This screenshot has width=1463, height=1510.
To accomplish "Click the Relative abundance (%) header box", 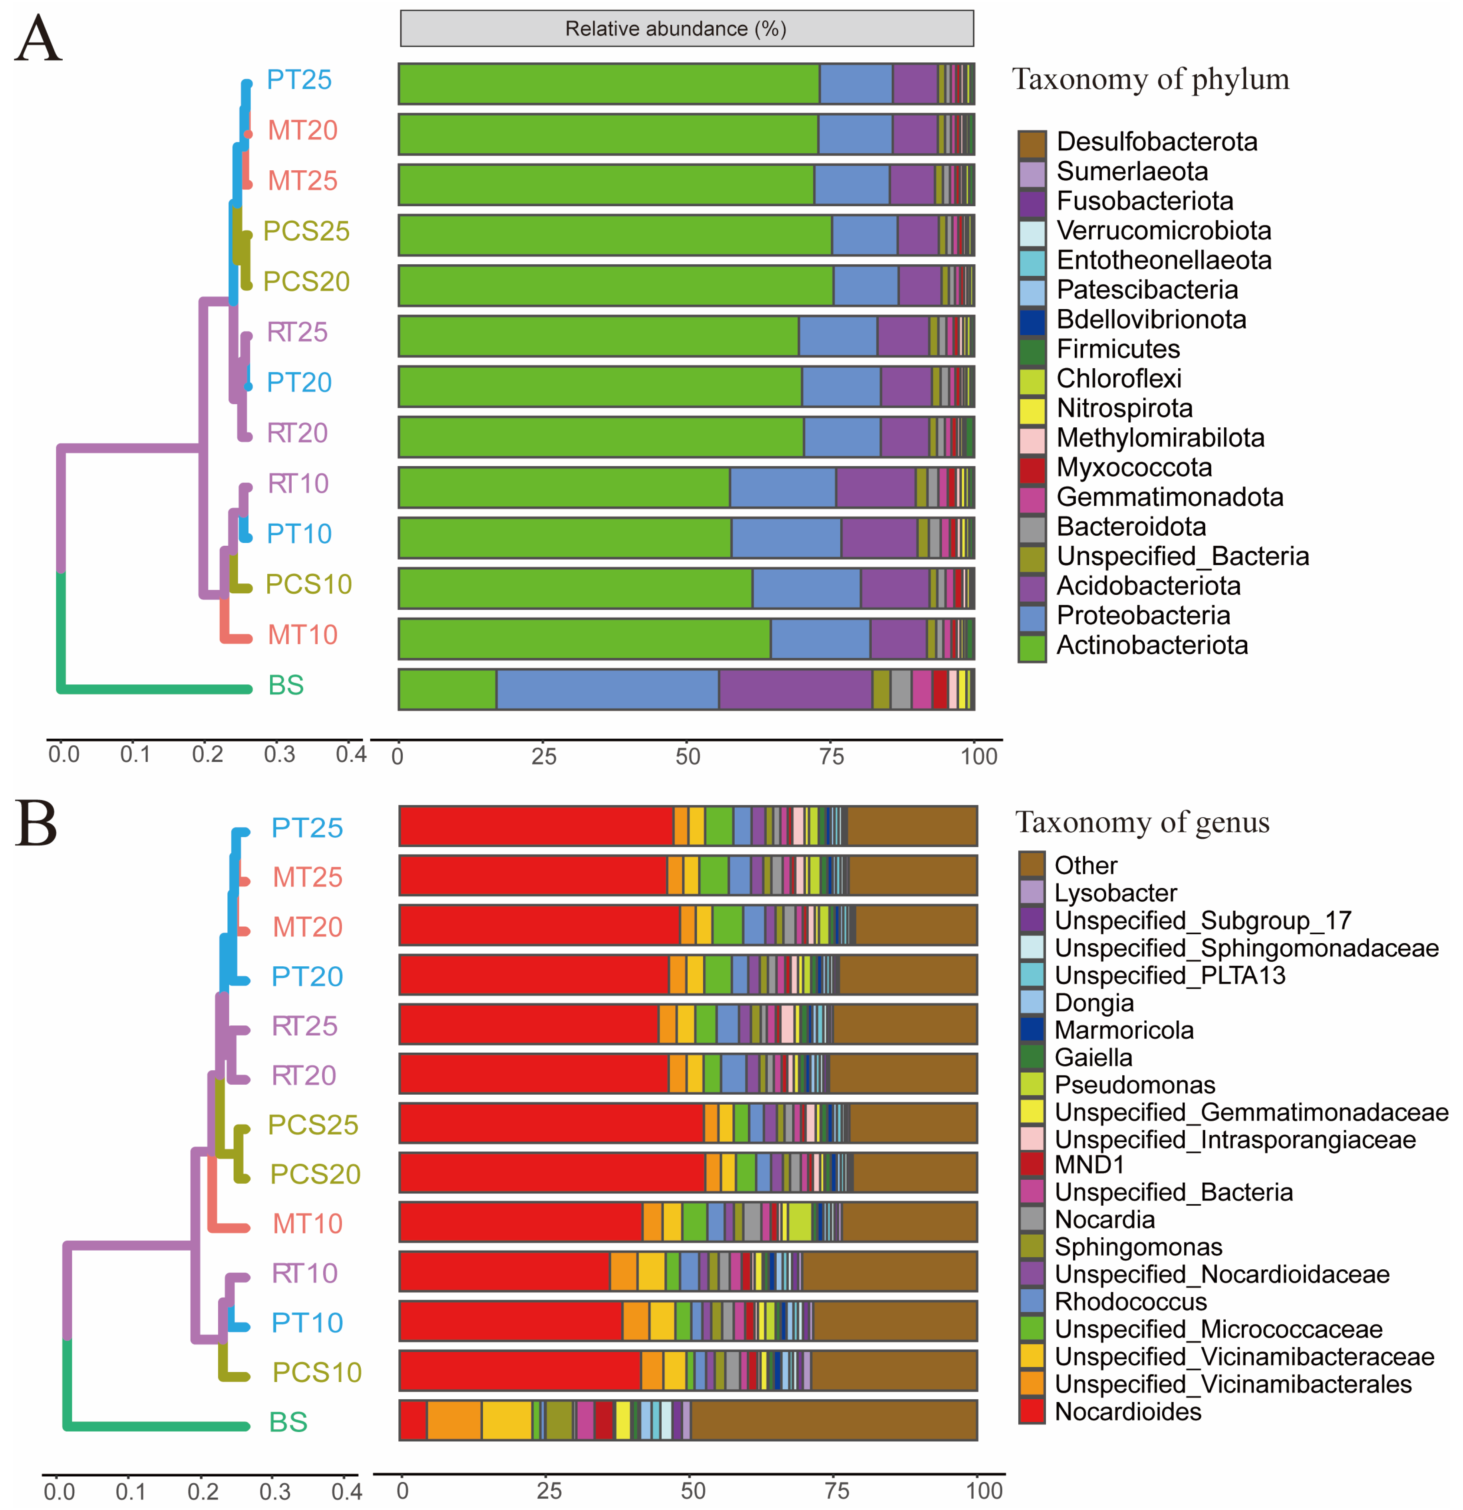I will point(686,28).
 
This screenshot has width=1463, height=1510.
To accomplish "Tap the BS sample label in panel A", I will point(286,685).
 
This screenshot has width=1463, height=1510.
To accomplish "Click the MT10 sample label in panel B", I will point(307,1223).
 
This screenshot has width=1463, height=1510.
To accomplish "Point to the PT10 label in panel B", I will point(306,1323).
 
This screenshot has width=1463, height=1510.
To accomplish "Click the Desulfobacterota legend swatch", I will point(1032,143).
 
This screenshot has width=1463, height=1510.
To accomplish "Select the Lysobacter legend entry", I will point(1115,893).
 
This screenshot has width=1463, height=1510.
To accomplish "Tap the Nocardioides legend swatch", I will point(1032,1411).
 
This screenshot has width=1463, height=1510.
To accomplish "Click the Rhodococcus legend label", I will point(1130,1301).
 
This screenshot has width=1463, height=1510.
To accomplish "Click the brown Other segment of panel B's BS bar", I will point(834,1420).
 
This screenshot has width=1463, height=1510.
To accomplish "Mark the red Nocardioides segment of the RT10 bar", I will point(504,1271).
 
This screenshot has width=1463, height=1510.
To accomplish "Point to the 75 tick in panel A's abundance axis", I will point(832,756).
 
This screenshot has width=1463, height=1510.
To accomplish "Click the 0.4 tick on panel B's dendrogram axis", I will point(346,1492).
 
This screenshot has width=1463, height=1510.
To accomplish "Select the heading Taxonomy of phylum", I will point(1150,79).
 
